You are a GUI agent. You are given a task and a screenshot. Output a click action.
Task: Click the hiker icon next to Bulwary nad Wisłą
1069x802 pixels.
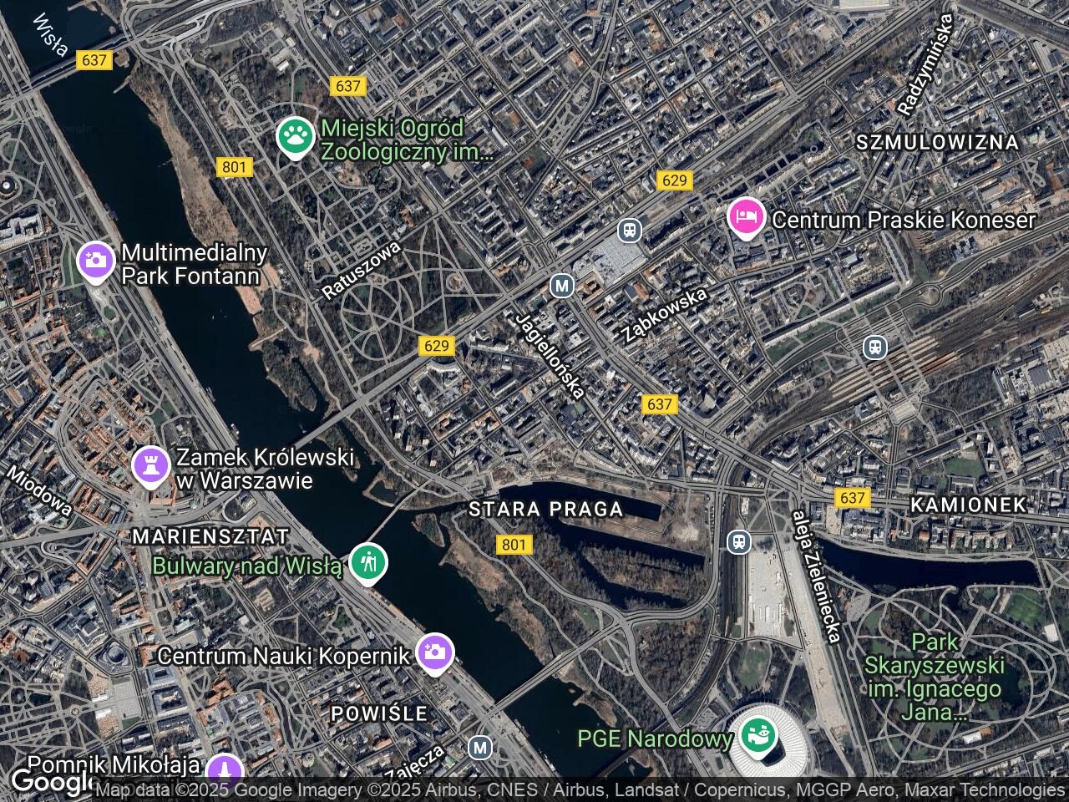[367, 563]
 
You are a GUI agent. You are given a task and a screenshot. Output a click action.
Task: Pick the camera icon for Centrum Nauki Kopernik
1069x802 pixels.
[434, 652]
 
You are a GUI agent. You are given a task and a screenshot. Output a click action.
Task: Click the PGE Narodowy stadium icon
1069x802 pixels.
[759, 736]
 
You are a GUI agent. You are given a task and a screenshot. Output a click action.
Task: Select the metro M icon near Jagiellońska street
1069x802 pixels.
[562, 286]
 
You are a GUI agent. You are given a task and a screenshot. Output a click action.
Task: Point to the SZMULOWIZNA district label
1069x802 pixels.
[937, 143]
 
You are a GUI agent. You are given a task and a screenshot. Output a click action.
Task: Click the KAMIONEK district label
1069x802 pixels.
[968, 505]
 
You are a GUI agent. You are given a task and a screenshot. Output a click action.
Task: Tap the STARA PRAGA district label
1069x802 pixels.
[545, 509]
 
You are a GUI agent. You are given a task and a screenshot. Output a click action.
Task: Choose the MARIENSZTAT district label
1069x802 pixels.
[210, 536]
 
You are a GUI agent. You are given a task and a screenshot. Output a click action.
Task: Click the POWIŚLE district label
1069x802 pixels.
[379, 713]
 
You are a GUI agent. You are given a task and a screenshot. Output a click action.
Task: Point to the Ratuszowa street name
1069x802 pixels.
[362, 271]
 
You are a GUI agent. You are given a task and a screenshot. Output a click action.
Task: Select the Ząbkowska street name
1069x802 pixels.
[665, 314]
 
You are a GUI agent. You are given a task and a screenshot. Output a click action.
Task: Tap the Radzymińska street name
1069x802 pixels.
[925, 65]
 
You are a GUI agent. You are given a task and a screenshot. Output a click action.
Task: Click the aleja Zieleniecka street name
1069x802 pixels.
[817, 576]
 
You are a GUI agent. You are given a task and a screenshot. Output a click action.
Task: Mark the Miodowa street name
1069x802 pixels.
[39, 490]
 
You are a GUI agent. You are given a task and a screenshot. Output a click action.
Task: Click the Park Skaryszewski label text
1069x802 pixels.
[933, 677]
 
